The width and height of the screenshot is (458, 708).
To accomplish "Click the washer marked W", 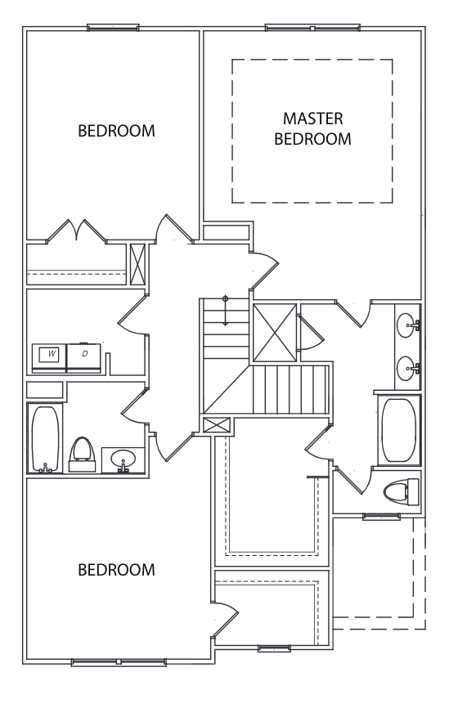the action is pos(49,359).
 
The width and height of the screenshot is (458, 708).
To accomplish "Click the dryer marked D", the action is pos(84,359).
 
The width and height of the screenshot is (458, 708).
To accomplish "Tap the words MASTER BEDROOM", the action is pos(312,128).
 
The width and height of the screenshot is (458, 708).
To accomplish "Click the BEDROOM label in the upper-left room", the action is pos(116,131).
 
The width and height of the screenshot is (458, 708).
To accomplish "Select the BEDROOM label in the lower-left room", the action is pos(116,570).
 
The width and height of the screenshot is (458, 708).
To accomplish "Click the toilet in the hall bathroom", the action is pos(83,455).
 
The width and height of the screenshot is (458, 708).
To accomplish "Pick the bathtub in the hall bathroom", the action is pos(45,439).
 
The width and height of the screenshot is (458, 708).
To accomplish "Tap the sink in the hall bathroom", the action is pos(123,459).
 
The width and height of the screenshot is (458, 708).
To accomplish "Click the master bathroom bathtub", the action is pos(399,430).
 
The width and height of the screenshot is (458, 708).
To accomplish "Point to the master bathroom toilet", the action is pos(402,492).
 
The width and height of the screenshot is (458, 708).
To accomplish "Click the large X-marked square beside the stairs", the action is pos(275,333).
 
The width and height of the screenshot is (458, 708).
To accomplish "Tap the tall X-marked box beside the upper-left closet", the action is pos(137,264).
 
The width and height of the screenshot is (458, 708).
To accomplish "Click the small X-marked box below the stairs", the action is pos(217,425).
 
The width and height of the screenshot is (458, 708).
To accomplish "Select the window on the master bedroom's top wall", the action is pos(312,28).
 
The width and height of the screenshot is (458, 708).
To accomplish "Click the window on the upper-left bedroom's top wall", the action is pos(113,28).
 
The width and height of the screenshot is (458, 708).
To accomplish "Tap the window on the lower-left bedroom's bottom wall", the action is pos(119,662).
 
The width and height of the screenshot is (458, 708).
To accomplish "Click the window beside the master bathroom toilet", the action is pos(382,517).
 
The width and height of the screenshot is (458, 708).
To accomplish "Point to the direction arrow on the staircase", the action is pos(226,311).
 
